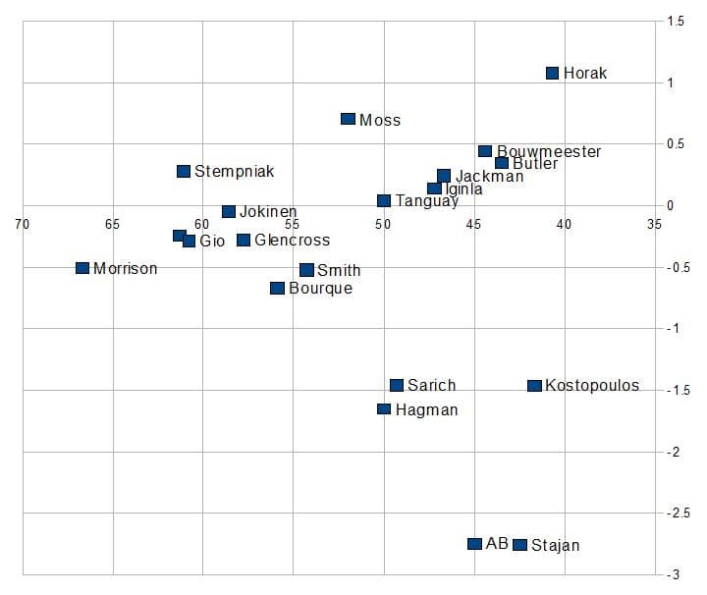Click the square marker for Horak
pyautogui.click(x=552, y=73)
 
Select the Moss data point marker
pyautogui.click(x=348, y=119)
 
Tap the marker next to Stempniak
pyautogui.click(x=184, y=171)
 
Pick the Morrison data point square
pyautogui.click(x=82, y=268)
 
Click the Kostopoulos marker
pyautogui.click(x=534, y=386)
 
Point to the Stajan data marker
pyautogui.click(x=520, y=545)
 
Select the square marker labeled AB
pyautogui.click(x=474, y=544)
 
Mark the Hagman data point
pyautogui.click(x=384, y=409)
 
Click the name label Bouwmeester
pyautogui.click(x=549, y=151)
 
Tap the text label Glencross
pyautogui.click(x=292, y=241)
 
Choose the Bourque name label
pyautogui.click(x=320, y=289)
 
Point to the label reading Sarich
pyautogui.click(x=431, y=386)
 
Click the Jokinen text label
pyautogui.click(x=268, y=212)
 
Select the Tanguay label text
pyautogui.click(x=426, y=201)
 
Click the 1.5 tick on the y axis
pyautogui.click(x=676, y=21)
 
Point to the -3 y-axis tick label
pyautogui.click(x=676, y=574)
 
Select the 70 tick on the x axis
pyautogui.click(x=22, y=224)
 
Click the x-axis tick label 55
pyautogui.click(x=293, y=224)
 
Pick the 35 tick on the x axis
pyautogui.click(x=654, y=224)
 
